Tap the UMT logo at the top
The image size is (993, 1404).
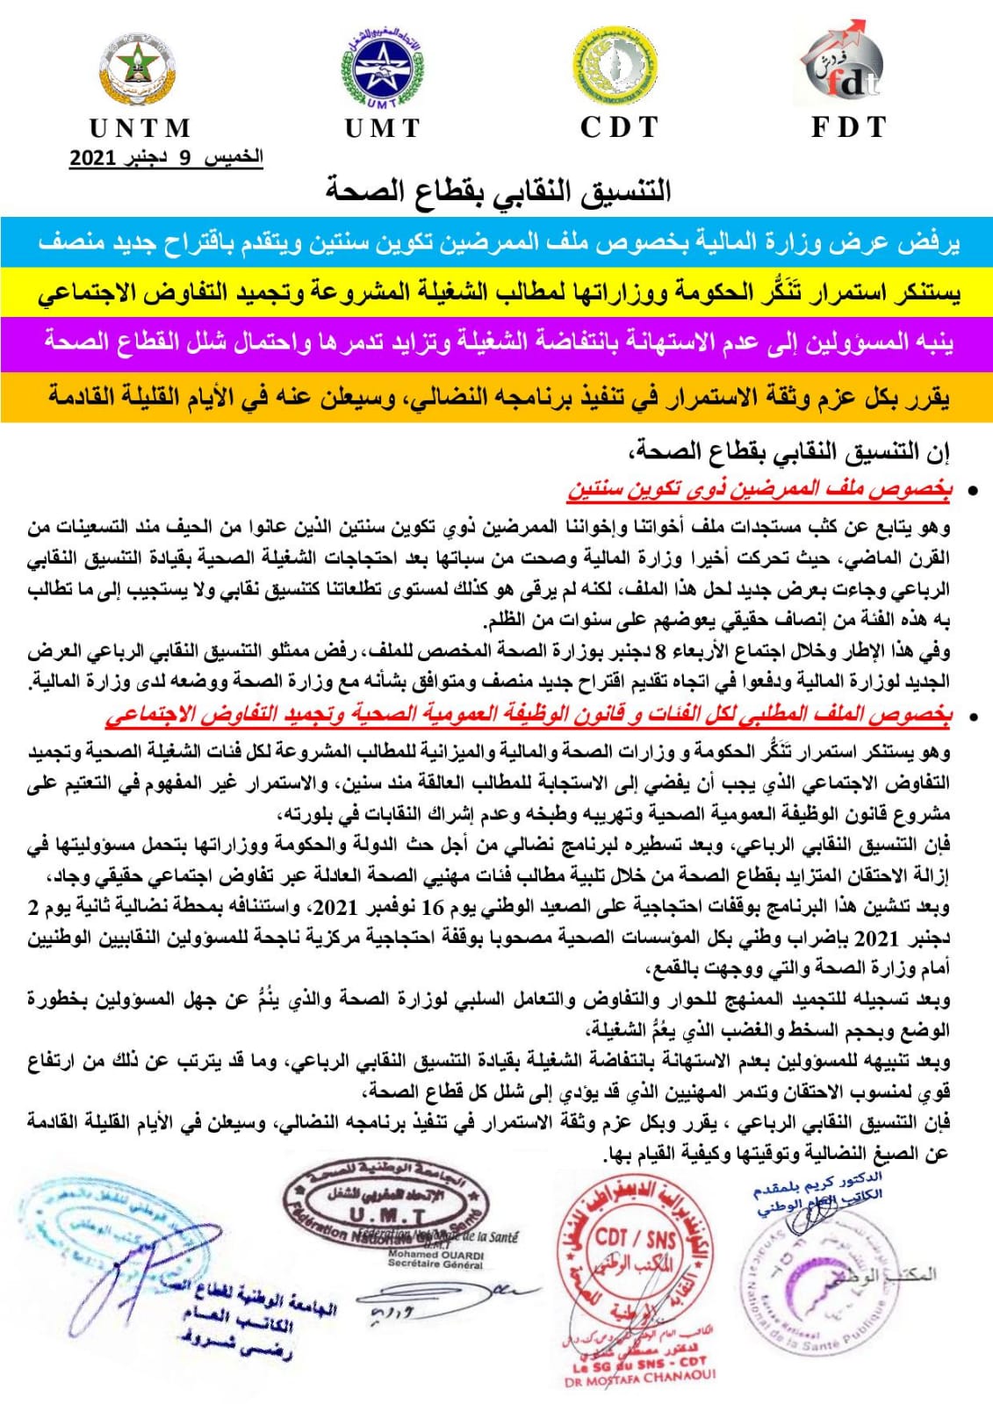(x=382, y=68)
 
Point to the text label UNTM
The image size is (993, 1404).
(x=140, y=128)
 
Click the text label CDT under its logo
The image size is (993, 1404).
(x=619, y=127)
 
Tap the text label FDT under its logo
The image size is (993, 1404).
(x=848, y=127)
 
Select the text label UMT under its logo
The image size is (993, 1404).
(x=383, y=128)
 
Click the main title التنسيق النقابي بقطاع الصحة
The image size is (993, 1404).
(x=498, y=189)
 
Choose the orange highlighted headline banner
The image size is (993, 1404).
(x=496, y=397)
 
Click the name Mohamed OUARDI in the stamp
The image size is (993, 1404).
(x=435, y=1255)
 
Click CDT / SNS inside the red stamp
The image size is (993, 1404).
(x=637, y=1238)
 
